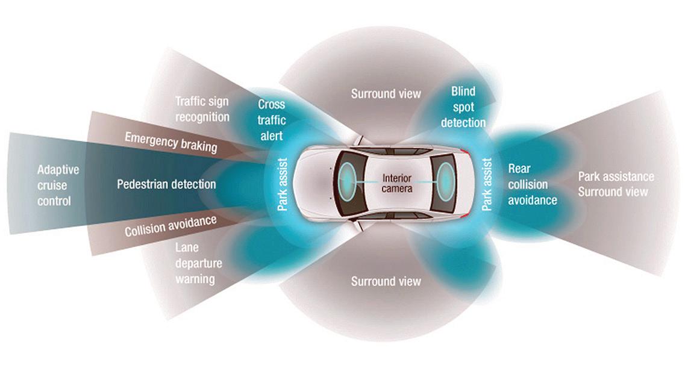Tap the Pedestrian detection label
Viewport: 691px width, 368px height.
pos(166,184)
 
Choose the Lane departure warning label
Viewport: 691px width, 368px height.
pos(199,263)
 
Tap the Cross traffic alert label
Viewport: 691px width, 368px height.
pos(271,120)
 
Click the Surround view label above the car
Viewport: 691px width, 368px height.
pos(386,94)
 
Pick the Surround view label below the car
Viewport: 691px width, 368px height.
pos(386,281)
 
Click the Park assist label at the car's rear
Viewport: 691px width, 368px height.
pos(487,184)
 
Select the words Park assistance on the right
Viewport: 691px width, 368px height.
pos(616,177)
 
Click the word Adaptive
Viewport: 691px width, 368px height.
pos(58,170)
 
